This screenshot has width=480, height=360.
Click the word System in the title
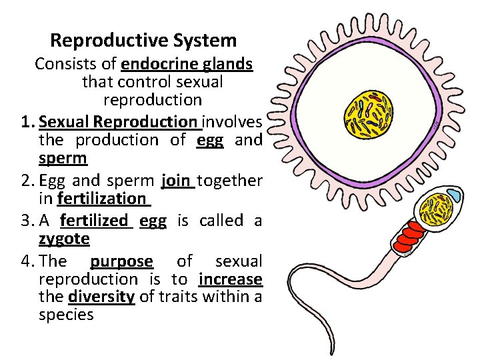pos(205,41)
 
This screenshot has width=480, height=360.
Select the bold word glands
pos(229,64)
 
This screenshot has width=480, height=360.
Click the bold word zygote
pos(64,238)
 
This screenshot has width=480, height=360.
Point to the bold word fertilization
pos(101,199)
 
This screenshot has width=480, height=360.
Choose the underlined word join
pos(176,180)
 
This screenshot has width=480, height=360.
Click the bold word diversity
pos(101,296)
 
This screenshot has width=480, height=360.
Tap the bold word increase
pos(230,278)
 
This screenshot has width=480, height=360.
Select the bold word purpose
pos(121,261)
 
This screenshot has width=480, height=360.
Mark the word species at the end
pos(66,315)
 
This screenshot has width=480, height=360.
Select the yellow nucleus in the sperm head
pos(439,208)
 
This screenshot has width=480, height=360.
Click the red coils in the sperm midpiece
pos(407,231)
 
